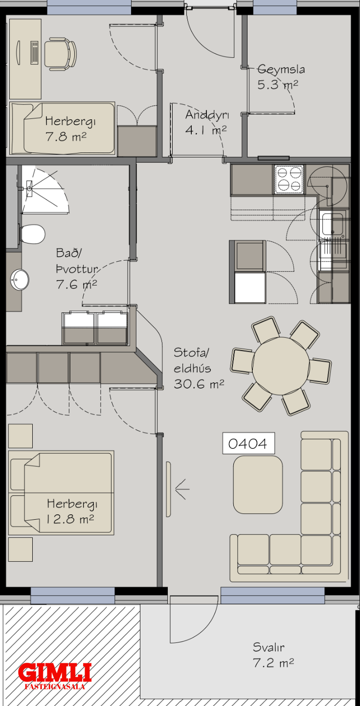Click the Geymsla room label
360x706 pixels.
[281, 69]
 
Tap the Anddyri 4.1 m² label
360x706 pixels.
[207, 122]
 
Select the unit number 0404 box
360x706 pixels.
[248, 443]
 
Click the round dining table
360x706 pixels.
[281, 366]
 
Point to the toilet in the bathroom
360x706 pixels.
[32, 234]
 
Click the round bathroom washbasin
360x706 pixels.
[20, 280]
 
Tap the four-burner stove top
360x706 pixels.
[289, 179]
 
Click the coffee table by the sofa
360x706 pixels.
[258, 485]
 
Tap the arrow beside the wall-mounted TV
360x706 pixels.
[182, 489]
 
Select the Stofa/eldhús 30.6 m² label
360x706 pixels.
[199, 368]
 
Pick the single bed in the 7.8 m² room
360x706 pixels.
[62, 128]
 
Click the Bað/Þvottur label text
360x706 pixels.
[77, 261]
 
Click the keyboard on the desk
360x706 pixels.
[35, 53]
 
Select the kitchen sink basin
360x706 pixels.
[333, 224]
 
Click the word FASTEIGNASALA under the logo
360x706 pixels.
[55, 686]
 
